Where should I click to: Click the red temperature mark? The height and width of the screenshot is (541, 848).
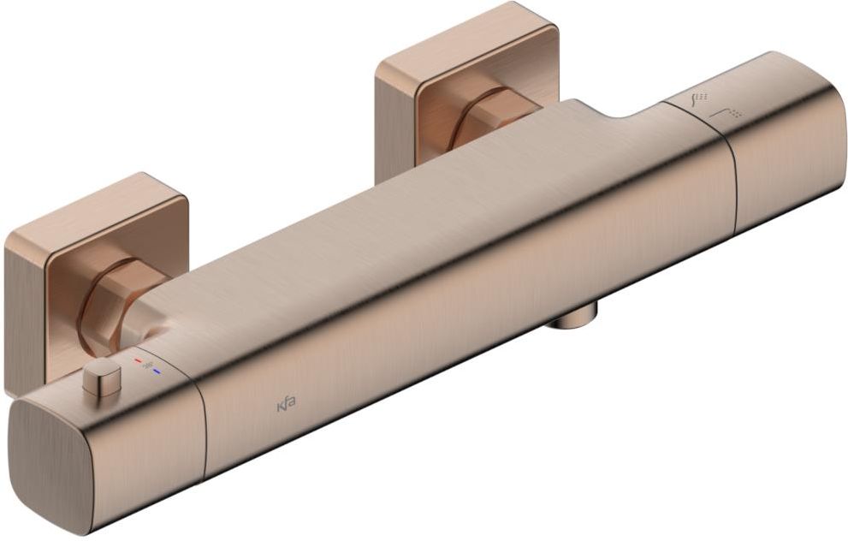point(138,360)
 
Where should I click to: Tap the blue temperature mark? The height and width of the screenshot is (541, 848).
point(157,372)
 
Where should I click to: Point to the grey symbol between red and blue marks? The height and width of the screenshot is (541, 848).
point(148,366)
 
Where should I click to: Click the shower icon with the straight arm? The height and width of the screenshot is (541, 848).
point(726,114)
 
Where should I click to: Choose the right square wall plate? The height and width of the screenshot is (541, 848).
point(466,86)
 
